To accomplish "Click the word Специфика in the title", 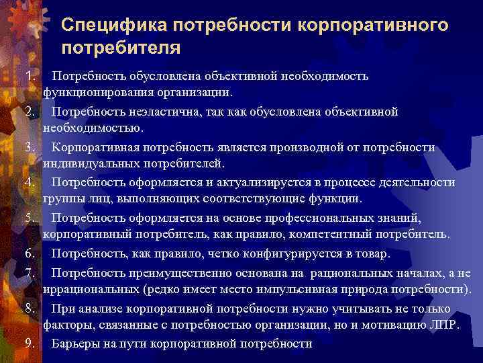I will pyautogui.click(x=113, y=26).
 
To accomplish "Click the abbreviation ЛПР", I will pyautogui.click(x=443, y=325).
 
